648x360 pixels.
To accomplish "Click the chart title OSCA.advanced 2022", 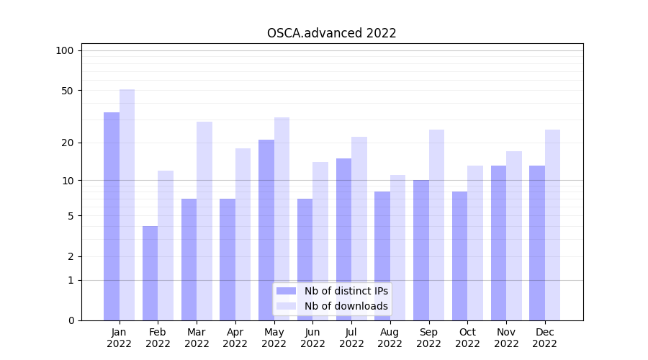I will [x=331, y=33].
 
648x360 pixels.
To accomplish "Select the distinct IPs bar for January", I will [x=112, y=216].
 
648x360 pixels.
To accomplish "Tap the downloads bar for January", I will [x=127, y=205].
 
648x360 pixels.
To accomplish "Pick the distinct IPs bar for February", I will [x=150, y=274].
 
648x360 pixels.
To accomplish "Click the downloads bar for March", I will [x=204, y=221].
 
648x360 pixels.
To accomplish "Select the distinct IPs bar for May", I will [x=266, y=230].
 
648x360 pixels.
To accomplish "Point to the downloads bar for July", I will [x=359, y=228].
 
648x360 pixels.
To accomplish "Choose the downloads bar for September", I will [x=436, y=225].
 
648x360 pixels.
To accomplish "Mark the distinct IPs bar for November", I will [x=498, y=243].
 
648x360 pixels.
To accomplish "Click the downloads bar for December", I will [x=552, y=225].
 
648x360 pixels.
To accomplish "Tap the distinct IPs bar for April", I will [x=228, y=259].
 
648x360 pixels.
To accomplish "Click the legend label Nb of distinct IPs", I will [x=346, y=291].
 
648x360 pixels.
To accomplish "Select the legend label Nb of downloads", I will [x=346, y=306].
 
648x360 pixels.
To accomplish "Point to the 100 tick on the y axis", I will [x=65, y=50].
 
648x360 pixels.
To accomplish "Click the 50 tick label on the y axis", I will [x=67, y=91].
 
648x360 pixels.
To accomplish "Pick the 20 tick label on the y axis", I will [x=67, y=143].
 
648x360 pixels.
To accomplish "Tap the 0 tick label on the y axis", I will [x=71, y=320].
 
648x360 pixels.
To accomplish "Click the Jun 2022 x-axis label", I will [x=312, y=338].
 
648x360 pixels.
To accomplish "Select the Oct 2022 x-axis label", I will [x=467, y=338].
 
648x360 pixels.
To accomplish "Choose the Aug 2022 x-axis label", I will [x=390, y=338].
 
